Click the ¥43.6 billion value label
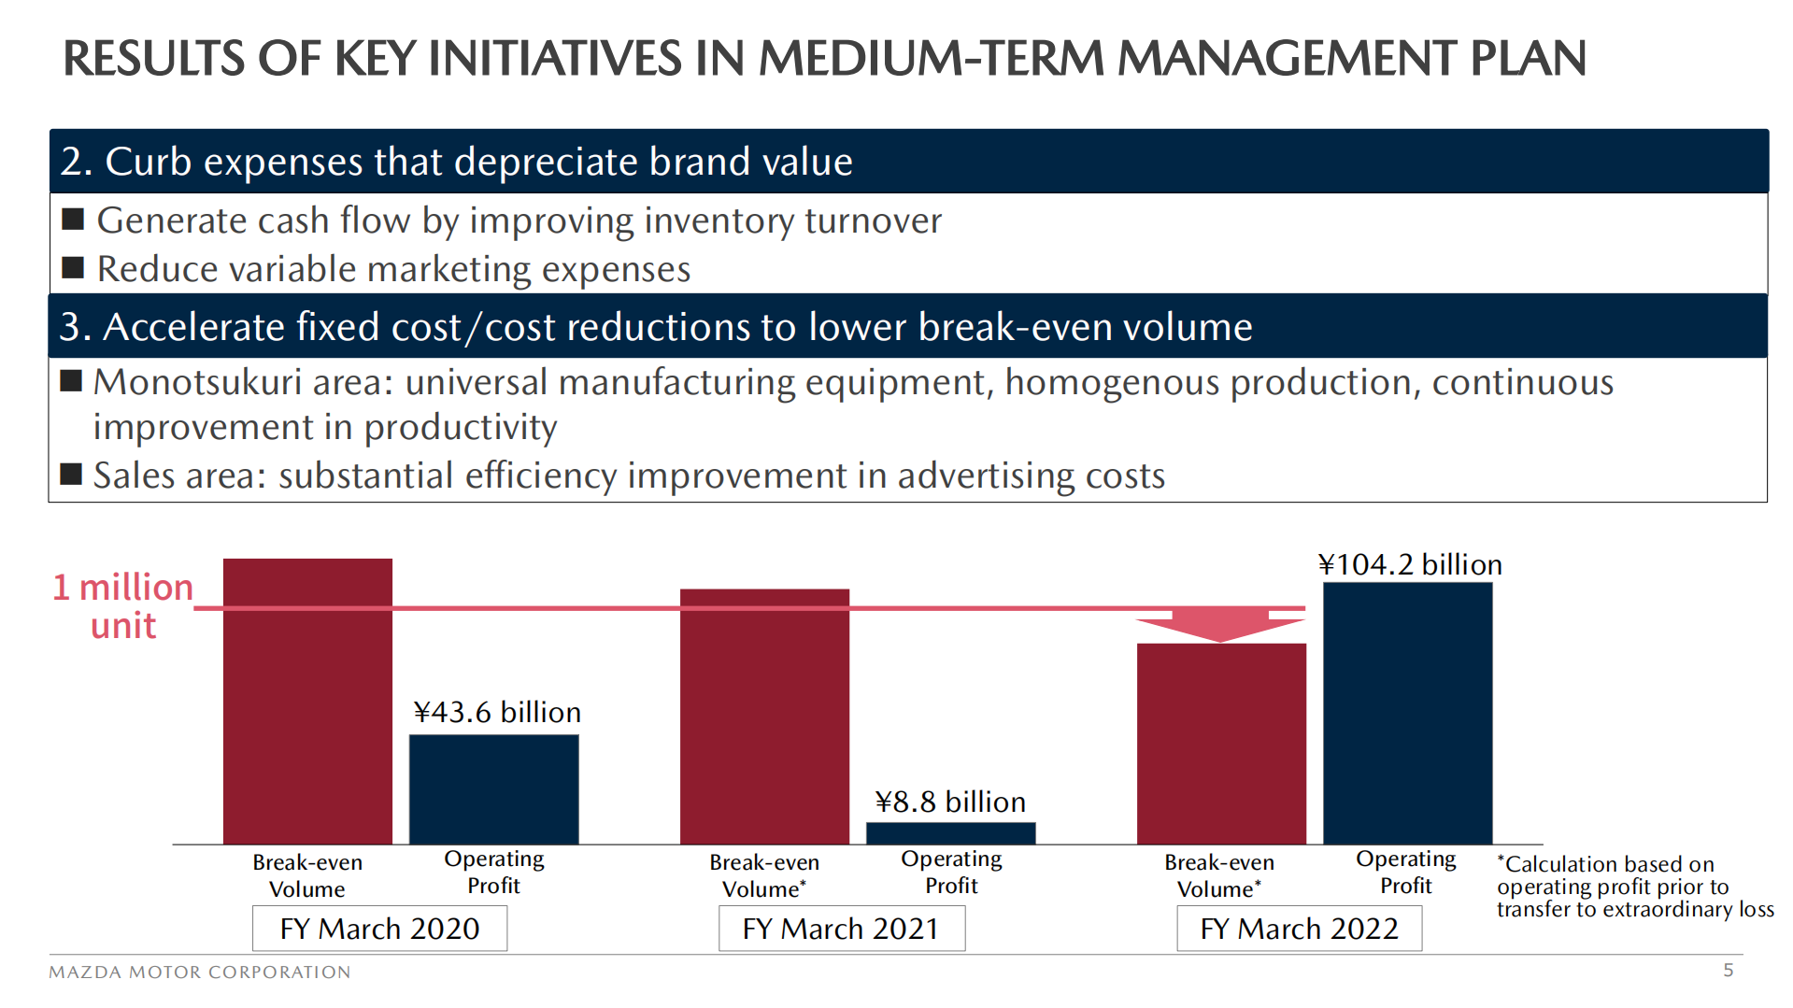pos(497,712)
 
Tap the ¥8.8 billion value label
pos(950,802)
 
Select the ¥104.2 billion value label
pos(1410,564)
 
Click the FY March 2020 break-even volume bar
pos(307,701)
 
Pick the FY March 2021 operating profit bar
pos(950,832)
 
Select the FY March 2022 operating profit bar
pos(1407,713)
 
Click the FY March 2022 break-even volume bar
pos(1221,744)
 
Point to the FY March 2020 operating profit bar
pos(493,788)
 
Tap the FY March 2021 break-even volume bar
pos(764,716)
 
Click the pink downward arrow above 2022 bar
pos(1220,624)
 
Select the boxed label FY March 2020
pos(379,929)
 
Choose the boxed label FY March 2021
pos(841,929)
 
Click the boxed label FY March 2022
pos(1299,929)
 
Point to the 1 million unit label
pos(122,605)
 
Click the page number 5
pos(1728,970)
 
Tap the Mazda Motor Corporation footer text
pos(200,972)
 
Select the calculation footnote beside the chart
pos(1633,887)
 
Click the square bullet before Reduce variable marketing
pos(73,268)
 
